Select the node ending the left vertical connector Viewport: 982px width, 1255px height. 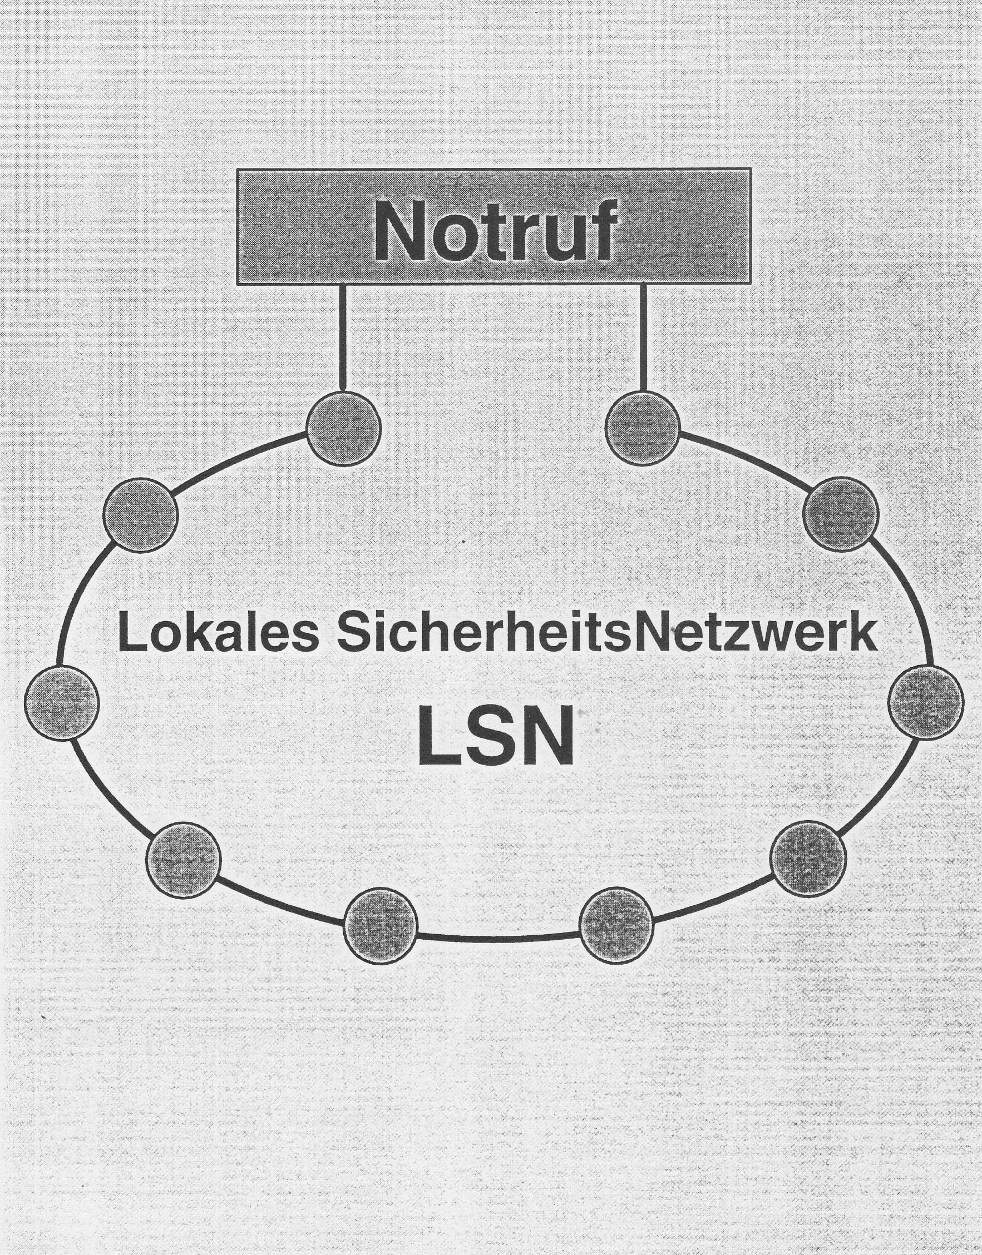point(343,428)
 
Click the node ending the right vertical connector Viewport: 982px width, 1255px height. point(643,428)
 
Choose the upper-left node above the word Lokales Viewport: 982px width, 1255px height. point(141,515)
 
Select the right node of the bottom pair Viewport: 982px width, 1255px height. point(616,925)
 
